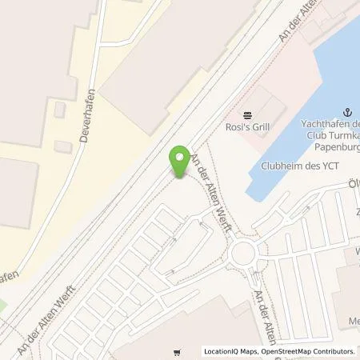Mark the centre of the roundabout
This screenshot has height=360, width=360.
pyautogui.click(x=244, y=257)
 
